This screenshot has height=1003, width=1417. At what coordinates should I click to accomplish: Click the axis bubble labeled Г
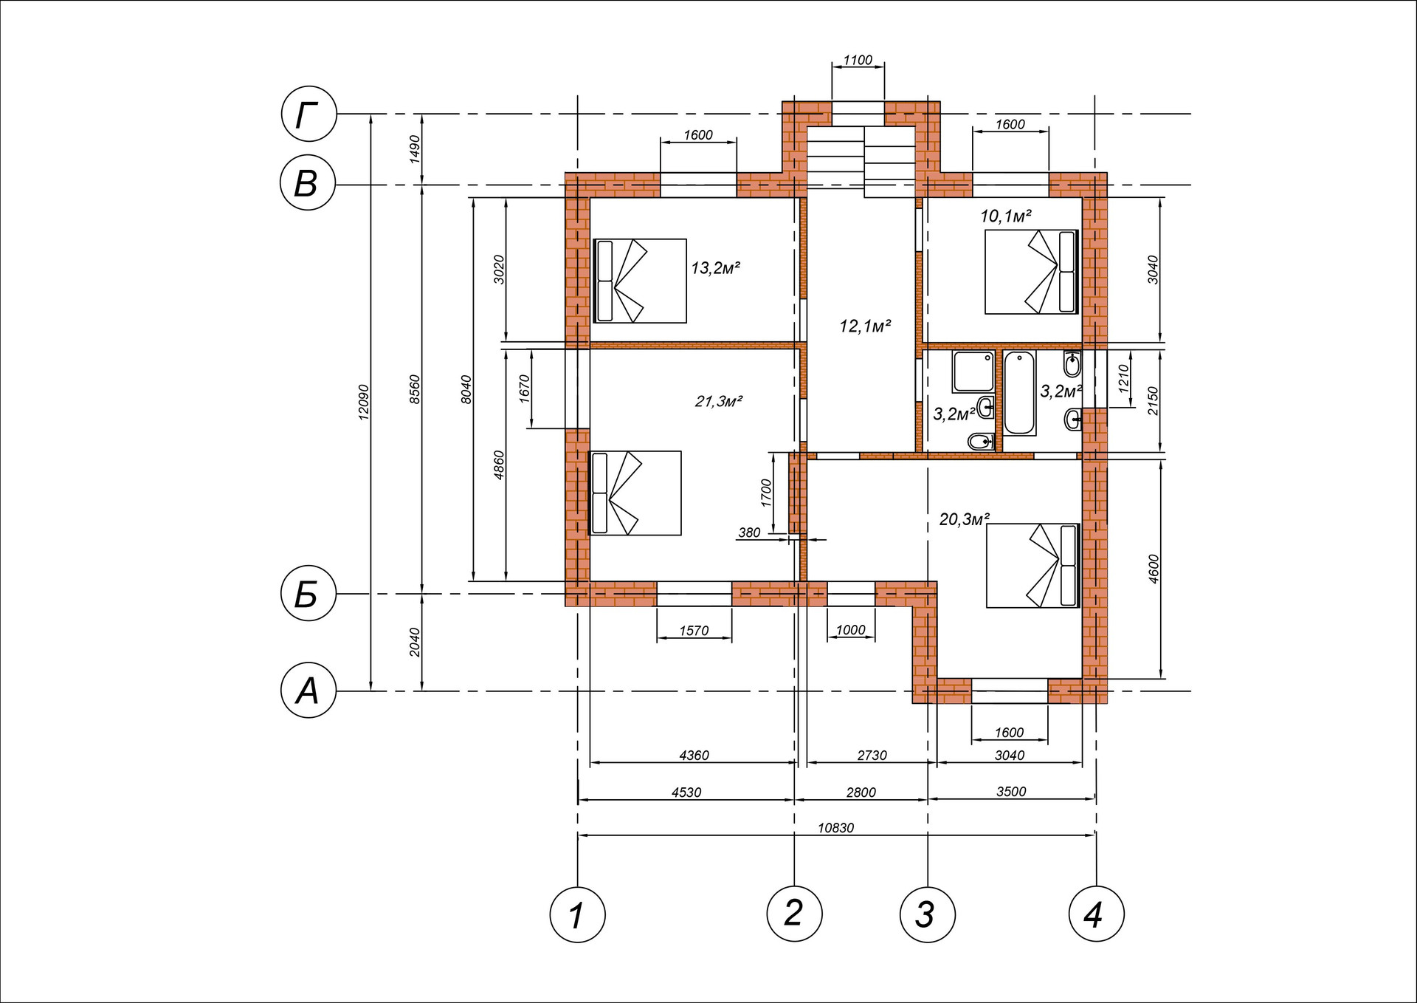(x=309, y=114)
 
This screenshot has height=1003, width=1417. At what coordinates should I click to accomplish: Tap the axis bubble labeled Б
(x=309, y=593)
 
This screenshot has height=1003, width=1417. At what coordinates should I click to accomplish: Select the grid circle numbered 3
(x=927, y=914)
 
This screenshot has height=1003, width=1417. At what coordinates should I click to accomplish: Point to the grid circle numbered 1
(x=577, y=914)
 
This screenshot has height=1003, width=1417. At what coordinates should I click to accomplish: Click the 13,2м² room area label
(x=715, y=267)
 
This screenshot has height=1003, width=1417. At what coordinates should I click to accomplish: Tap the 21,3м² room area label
(x=718, y=401)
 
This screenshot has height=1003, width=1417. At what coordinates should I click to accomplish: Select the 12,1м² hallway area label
(x=865, y=326)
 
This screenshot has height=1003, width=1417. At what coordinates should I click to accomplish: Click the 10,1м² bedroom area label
(x=1005, y=216)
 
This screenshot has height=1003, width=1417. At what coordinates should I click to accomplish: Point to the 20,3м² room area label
(x=964, y=519)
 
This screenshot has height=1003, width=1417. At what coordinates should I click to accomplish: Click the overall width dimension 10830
(x=835, y=828)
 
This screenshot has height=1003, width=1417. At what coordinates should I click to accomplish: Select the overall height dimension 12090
(x=363, y=403)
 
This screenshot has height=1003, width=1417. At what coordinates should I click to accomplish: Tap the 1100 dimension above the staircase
(x=858, y=60)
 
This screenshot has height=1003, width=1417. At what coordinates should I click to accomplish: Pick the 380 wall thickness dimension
(x=749, y=533)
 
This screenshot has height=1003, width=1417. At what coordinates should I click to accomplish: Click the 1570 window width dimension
(x=694, y=631)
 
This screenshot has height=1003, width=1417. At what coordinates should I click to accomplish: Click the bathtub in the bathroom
(x=1020, y=393)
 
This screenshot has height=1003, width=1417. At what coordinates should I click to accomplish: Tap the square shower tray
(x=973, y=372)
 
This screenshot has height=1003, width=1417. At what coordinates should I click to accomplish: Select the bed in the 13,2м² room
(x=640, y=281)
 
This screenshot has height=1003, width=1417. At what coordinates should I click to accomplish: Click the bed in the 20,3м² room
(x=1033, y=566)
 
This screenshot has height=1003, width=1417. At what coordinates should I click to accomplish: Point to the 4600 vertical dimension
(x=1154, y=569)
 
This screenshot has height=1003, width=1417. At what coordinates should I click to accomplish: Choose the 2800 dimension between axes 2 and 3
(x=861, y=793)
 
